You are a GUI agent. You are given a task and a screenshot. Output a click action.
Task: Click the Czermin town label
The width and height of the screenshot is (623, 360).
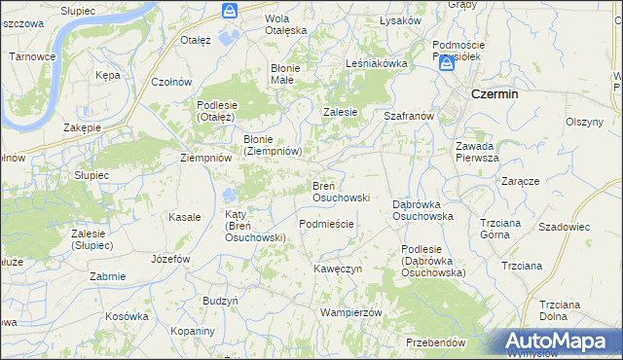pos(493,94)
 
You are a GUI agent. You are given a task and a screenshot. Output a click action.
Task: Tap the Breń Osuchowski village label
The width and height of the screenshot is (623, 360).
pos(340,191)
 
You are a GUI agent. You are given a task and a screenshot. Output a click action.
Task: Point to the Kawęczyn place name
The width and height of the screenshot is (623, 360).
pos(338,268)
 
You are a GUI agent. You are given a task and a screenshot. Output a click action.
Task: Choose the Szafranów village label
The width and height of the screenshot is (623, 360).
pos(408,115)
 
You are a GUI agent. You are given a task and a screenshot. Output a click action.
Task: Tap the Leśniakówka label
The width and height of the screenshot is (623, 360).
pos(376,63)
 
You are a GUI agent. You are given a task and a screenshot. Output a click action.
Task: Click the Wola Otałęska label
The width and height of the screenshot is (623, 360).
pos(286,23)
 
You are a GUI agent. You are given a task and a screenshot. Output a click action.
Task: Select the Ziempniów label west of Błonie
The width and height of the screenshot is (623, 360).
pos(205,157)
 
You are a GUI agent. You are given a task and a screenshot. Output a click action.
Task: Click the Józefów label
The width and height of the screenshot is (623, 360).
pos(170,259)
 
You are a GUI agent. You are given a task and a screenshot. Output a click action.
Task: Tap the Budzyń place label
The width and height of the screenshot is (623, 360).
pos(220,302)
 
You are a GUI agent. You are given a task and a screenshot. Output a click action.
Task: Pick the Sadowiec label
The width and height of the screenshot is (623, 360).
pos(565,226)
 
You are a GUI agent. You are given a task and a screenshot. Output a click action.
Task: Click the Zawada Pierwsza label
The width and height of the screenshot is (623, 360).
pos(478,151)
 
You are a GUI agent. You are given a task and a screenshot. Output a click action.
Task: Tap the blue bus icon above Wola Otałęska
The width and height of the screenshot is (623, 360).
pos(229,11)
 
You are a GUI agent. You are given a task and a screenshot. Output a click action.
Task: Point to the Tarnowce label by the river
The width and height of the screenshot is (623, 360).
pos(32,56)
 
